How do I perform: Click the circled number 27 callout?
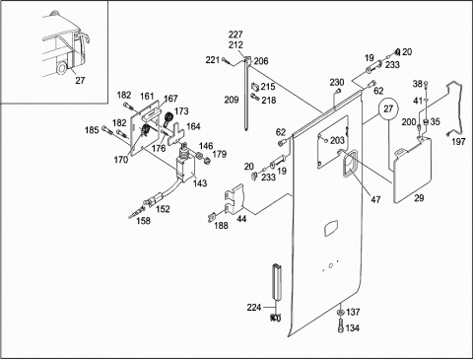(388, 108)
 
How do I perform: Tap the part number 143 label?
(200, 183)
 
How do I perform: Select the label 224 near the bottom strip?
(254, 308)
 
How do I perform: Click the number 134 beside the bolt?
(352, 327)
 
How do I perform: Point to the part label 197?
(458, 142)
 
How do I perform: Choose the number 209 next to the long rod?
(232, 100)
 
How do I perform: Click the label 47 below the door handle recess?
(375, 199)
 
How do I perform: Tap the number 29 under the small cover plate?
(419, 198)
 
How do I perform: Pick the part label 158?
(143, 221)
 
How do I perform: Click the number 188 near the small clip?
(221, 225)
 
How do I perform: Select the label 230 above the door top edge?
(337, 82)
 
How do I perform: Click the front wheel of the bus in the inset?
(61, 68)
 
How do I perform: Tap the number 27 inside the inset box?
(80, 80)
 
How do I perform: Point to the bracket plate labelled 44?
(236, 198)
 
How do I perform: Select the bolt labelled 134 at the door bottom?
(340, 326)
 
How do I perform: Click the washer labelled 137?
(340, 312)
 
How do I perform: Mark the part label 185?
(92, 130)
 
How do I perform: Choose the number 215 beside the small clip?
(268, 87)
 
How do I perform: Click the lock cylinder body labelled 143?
(186, 167)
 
